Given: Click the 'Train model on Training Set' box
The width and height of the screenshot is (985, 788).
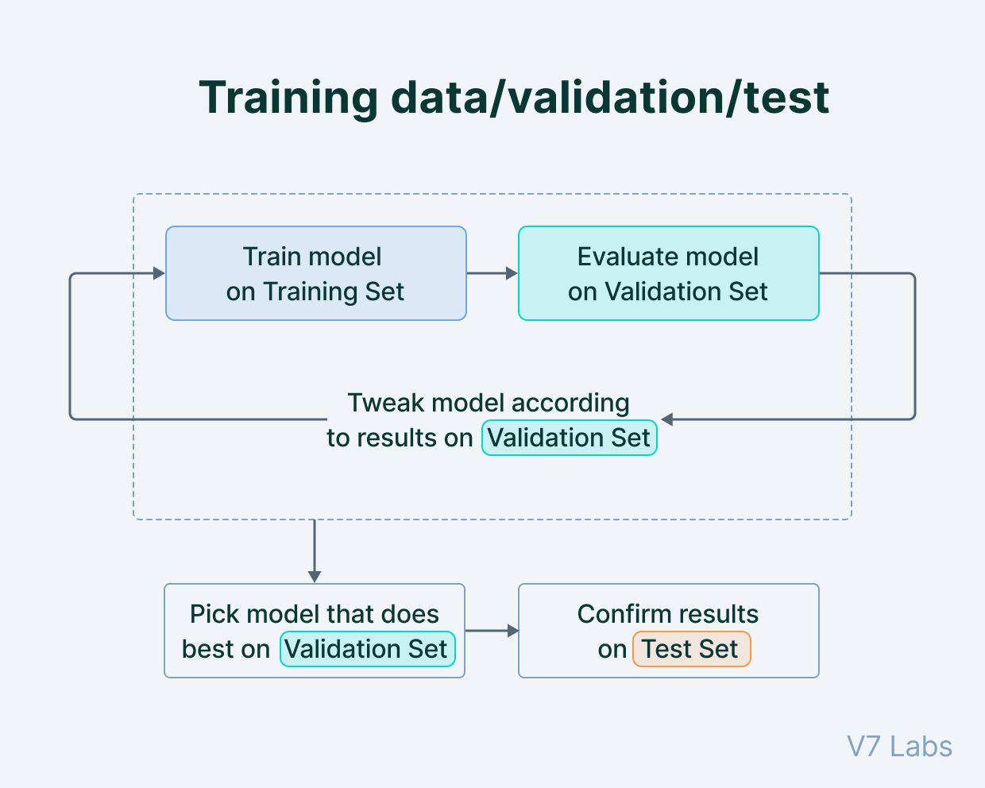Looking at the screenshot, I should coord(315,273).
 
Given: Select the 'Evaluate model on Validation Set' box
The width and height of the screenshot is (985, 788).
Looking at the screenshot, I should coord(668,273).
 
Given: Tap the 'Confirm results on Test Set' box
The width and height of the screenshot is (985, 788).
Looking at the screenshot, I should coord(668,631).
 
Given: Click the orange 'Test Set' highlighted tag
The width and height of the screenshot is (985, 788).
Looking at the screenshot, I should coord(691,649).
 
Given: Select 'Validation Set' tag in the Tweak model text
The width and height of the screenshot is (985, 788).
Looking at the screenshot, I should coord(569,438).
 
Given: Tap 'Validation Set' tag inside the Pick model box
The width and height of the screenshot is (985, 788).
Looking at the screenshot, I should coord(367,649).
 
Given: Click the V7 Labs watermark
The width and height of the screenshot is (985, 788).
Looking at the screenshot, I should coord(899,747).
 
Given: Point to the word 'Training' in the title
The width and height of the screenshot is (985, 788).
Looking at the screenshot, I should coord(288,98).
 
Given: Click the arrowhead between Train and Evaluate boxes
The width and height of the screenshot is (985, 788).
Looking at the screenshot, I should coord(512,273).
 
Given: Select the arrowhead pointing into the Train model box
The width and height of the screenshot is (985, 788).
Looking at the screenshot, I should coord(159,273).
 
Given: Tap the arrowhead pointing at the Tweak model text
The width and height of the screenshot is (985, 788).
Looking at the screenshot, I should coord(667,419).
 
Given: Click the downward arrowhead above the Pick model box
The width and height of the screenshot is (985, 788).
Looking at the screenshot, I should coord(315,577).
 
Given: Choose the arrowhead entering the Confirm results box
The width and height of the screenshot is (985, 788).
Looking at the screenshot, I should coord(512,631).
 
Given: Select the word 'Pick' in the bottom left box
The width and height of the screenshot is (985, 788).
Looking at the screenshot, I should coord(209,614).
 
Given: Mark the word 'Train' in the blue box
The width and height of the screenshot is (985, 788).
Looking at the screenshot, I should coord(271,257).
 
